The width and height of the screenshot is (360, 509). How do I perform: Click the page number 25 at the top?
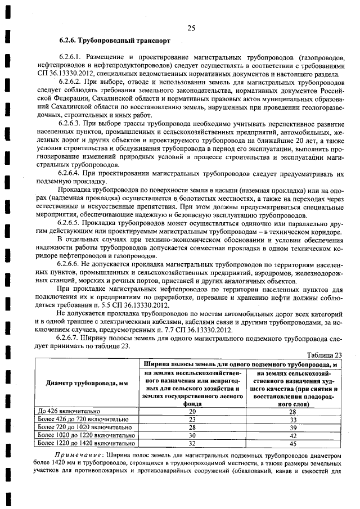191,29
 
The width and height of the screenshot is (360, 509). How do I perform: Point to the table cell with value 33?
292,419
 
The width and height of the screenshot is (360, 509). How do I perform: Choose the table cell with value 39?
292,427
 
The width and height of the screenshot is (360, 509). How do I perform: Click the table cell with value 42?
292,435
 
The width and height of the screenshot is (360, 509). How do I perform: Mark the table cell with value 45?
292,443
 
